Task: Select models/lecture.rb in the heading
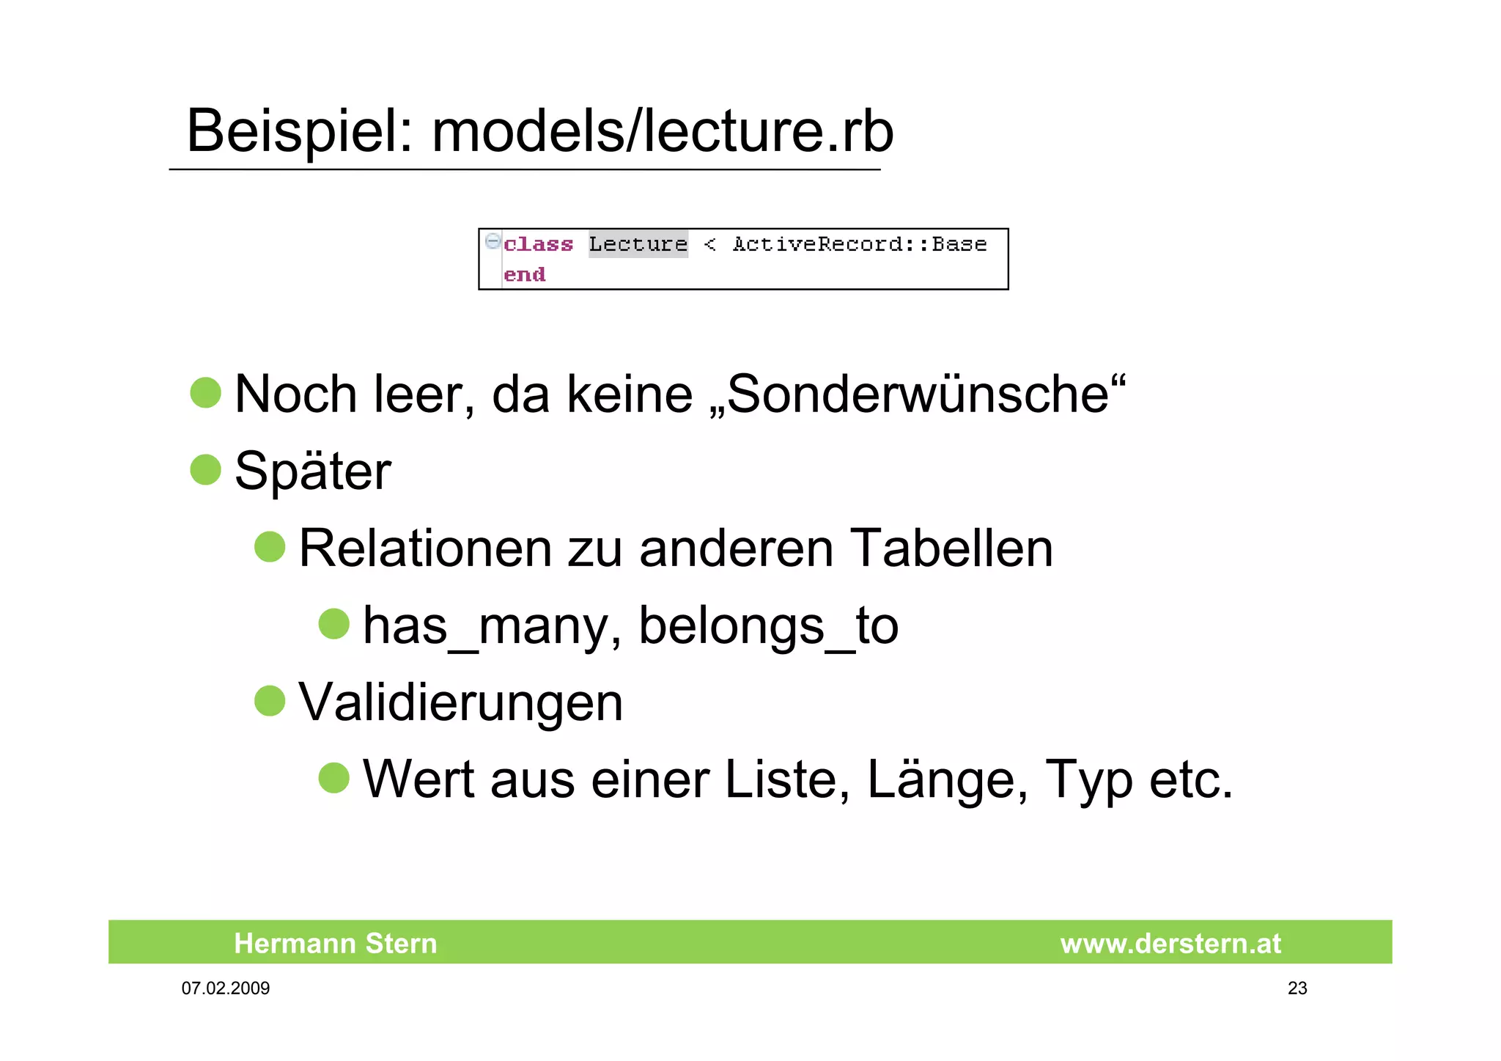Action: pos(663,132)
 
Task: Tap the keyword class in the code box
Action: pos(538,244)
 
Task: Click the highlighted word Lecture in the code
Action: pos(638,244)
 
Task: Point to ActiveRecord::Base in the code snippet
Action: pos(860,244)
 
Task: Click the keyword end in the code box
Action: pos(524,275)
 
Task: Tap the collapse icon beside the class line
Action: pos(493,241)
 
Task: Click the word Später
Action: pos(312,471)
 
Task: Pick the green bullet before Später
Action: pos(206,469)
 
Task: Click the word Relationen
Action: pos(425,548)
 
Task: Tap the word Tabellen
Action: pos(951,548)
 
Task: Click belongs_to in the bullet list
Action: pos(768,625)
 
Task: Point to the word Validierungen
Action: pos(460,702)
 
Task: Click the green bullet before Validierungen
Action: pos(270,700)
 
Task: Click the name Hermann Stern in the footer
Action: pos(335,943)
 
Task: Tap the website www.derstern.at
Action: pos(1170,943)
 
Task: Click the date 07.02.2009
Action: pos(226,988)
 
